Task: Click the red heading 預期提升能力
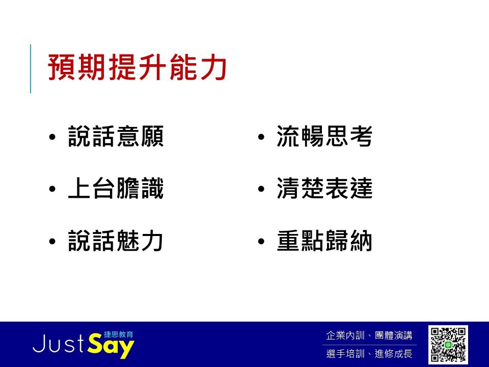pos(137,67)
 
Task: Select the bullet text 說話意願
pos(116,137)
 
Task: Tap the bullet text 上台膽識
pos(116,189)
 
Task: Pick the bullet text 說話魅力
pos(116,241)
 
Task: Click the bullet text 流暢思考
pos(324,137)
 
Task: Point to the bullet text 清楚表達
pos(324,189)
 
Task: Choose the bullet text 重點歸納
pos(324,241)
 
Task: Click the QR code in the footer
pos(448,345)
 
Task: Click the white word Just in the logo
pos(58,344)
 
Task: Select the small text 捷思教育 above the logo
pos(119,334)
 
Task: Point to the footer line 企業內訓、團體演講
pos(369,335)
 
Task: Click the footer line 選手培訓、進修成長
pos(369,354)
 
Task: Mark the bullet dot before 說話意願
pos(52,137)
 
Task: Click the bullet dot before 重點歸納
pos(261,241)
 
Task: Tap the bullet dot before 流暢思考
pos(261,137)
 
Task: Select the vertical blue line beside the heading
pos(31,69)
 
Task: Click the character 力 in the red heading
pos(213,67)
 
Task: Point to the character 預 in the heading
pos(62,67)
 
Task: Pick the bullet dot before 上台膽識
pos(52,189)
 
